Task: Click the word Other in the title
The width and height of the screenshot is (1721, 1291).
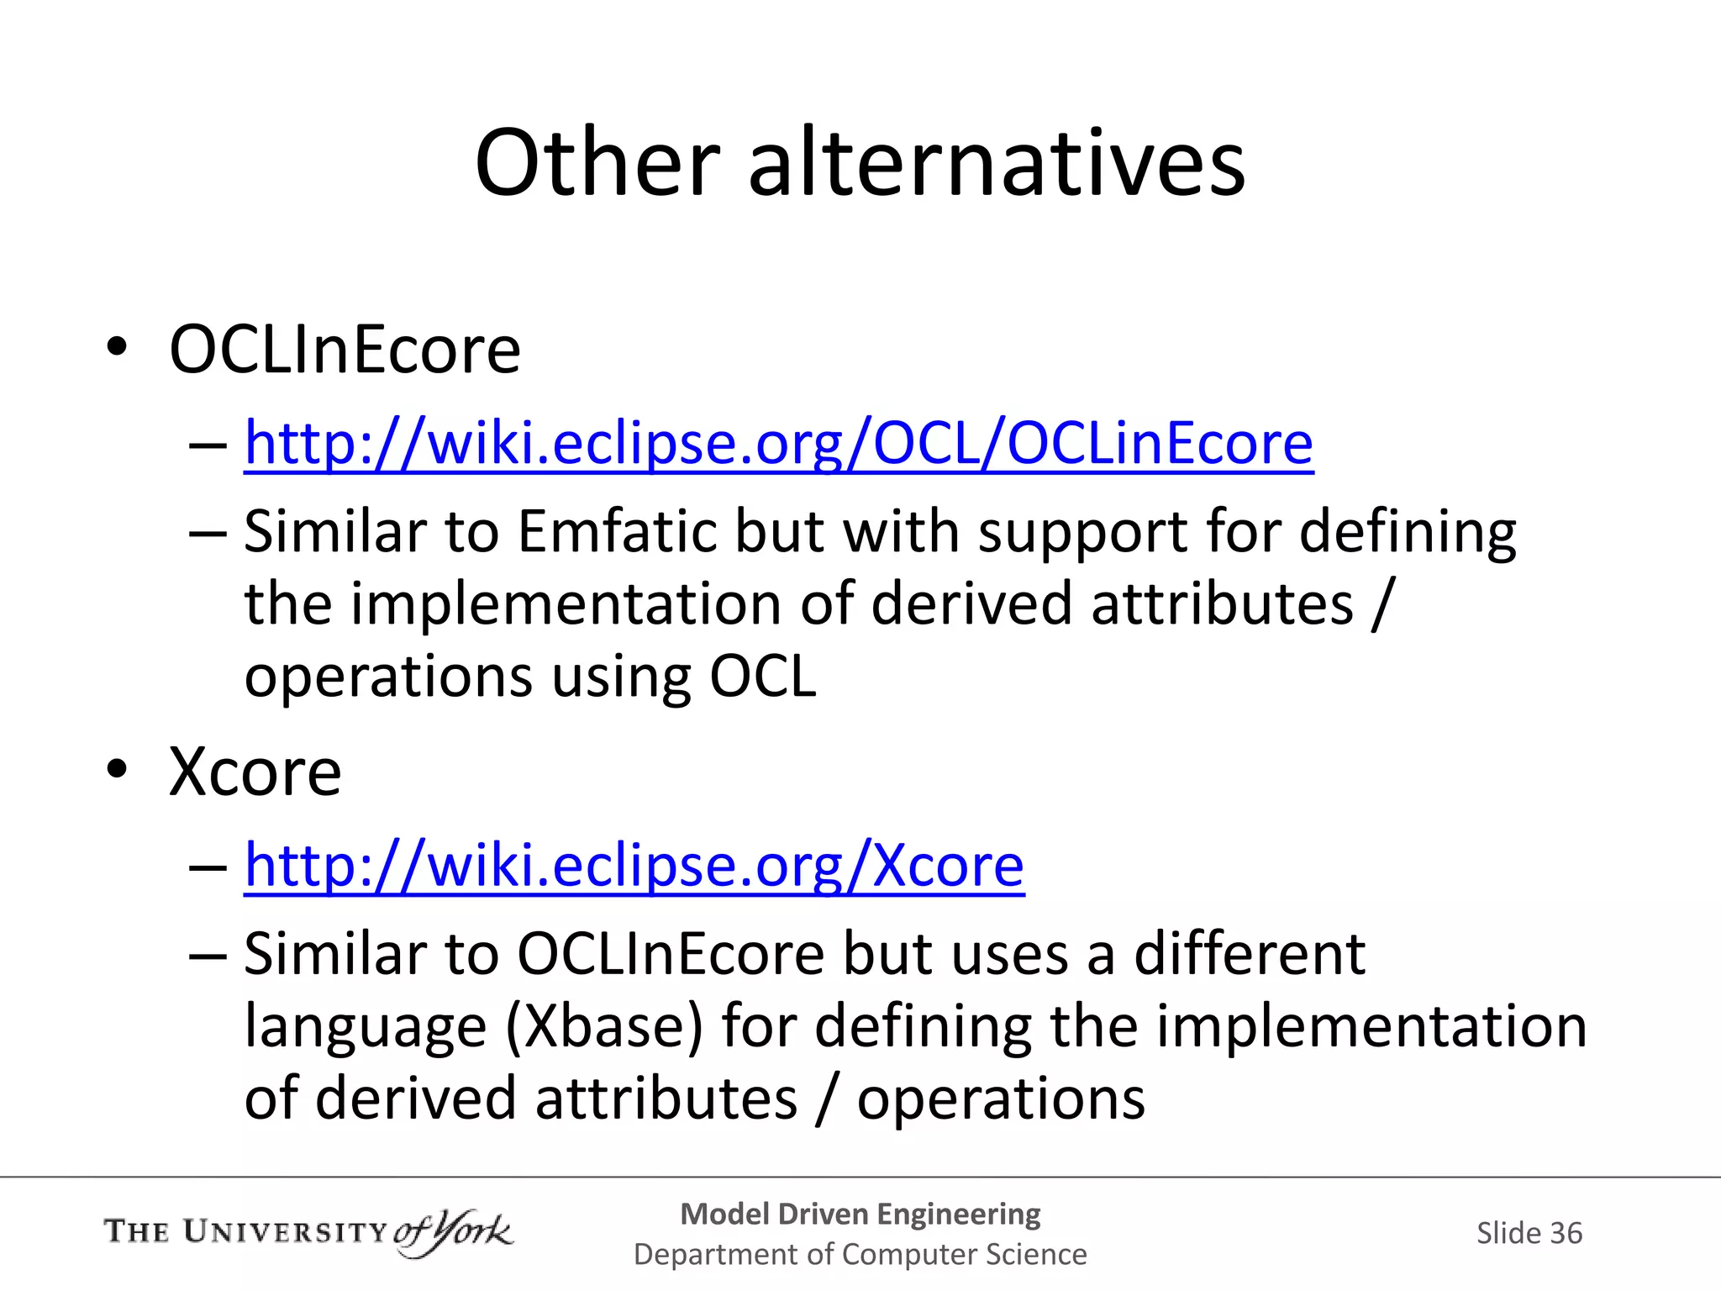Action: [597, 163]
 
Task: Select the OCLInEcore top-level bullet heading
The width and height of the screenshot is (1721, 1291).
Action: [345, 350]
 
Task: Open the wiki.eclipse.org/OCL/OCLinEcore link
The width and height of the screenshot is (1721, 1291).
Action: [778, 443]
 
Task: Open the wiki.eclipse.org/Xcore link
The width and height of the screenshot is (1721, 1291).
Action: [634, 866]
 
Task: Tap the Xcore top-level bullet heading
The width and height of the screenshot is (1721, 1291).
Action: [255, 772]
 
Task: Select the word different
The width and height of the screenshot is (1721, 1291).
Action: [1249, 954]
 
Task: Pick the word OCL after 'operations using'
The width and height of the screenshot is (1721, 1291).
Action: [763, 677]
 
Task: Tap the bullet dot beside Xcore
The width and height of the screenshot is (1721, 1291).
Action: [117, 768]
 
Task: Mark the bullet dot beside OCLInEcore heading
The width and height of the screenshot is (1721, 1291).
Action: [117, 346]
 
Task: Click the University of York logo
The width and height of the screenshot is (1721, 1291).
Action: [308, 1233]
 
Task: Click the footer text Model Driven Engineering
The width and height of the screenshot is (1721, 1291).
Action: [860, 1214]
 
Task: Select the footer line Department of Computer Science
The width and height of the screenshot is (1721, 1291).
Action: [860, 1254]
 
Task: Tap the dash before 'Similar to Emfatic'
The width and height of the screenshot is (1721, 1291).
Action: [208, 533]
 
